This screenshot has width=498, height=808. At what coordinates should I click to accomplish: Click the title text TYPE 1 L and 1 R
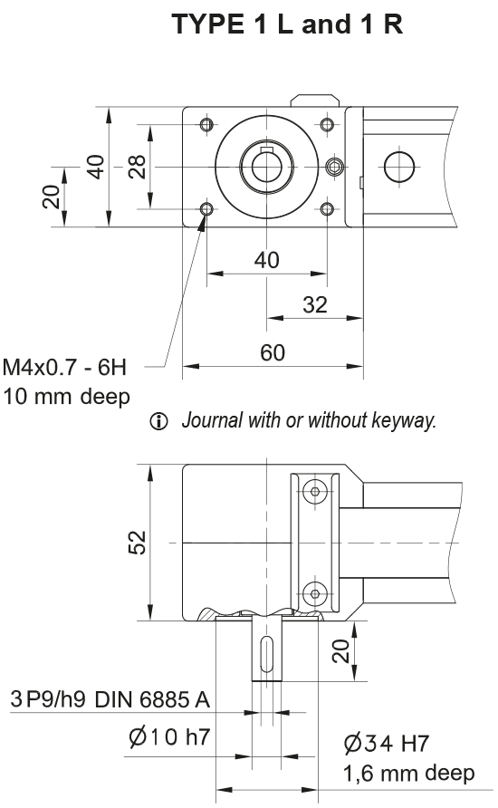coord(288,25)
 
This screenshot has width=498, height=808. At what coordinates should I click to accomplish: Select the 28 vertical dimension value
coord(137,167)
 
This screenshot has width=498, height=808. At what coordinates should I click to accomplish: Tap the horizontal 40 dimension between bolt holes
coord(266,260)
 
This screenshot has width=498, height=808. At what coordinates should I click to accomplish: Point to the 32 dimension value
coord(314,305)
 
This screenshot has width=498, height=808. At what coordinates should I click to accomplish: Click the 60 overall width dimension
coord(273,353)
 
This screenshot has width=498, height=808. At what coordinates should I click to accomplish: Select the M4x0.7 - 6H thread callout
coord(65,368)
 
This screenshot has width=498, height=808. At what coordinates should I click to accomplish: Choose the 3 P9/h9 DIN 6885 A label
coord(110,700)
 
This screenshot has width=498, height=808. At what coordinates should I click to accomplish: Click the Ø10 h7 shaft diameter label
coord(169,737)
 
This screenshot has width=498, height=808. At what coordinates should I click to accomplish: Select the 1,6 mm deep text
coord(408,774)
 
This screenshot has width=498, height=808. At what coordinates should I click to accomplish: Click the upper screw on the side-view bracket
coord(314,491)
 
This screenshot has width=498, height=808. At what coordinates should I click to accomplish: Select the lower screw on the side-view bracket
coord(314,594)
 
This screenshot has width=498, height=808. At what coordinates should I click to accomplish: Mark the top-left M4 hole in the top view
coord(207,124)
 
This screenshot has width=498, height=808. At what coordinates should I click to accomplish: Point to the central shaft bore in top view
coord(266,168)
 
